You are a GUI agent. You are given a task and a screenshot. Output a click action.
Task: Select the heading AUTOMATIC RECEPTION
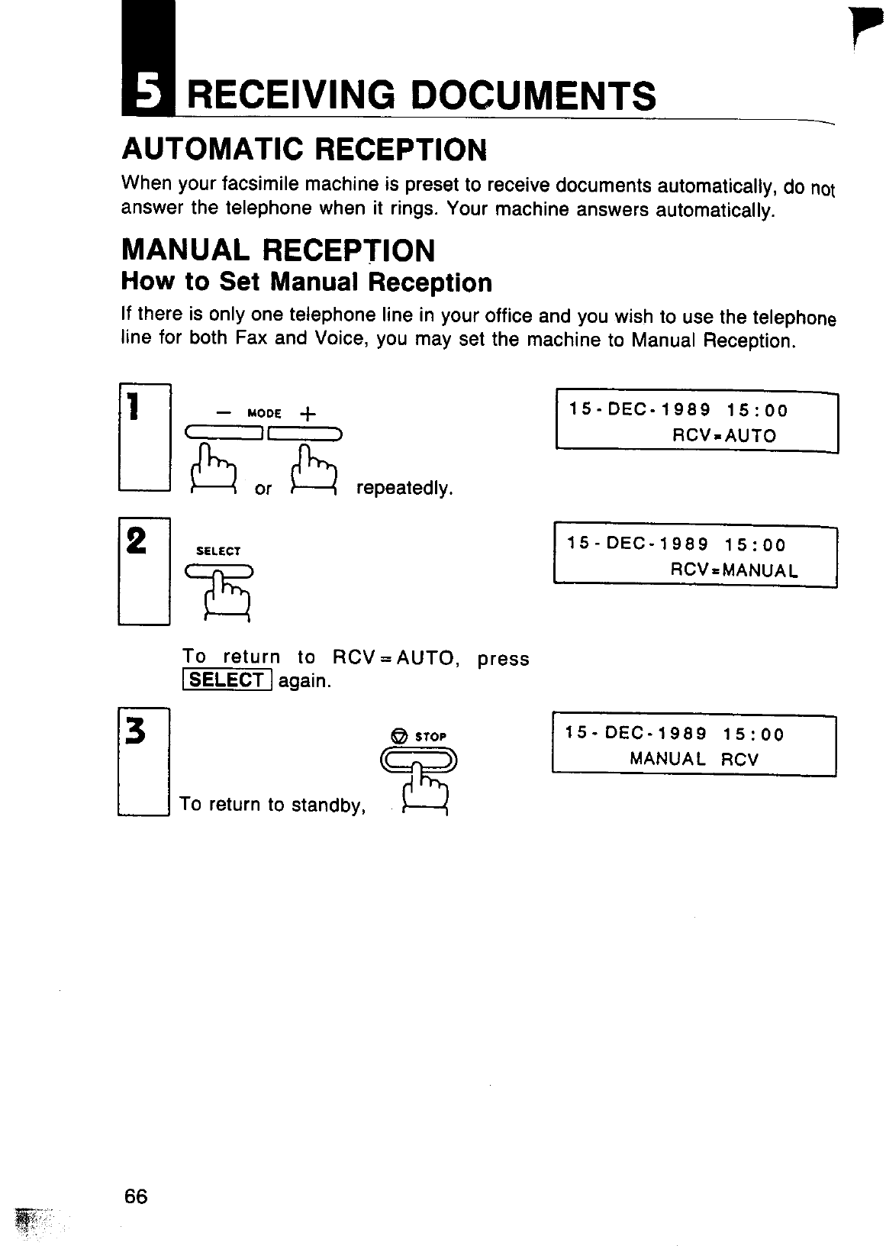point(304,150)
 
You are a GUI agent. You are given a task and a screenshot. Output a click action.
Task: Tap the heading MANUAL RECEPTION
point(279,250)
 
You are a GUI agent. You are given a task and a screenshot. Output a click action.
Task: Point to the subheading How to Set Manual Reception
point(306,282)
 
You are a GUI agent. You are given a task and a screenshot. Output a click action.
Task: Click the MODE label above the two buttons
point(265,414)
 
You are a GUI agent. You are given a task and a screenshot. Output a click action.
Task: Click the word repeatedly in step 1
point(405,488)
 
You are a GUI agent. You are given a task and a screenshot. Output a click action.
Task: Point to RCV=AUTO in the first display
point(723,436)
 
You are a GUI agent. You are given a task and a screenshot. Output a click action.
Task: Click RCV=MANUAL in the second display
point(734,570)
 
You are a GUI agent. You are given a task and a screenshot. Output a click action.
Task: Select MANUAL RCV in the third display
point(694,759)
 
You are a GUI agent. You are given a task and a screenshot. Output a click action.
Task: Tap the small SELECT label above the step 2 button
point(218,550)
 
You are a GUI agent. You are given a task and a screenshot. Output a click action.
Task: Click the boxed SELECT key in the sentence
point(226,679)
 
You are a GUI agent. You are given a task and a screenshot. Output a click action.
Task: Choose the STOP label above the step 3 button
point(430,737)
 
